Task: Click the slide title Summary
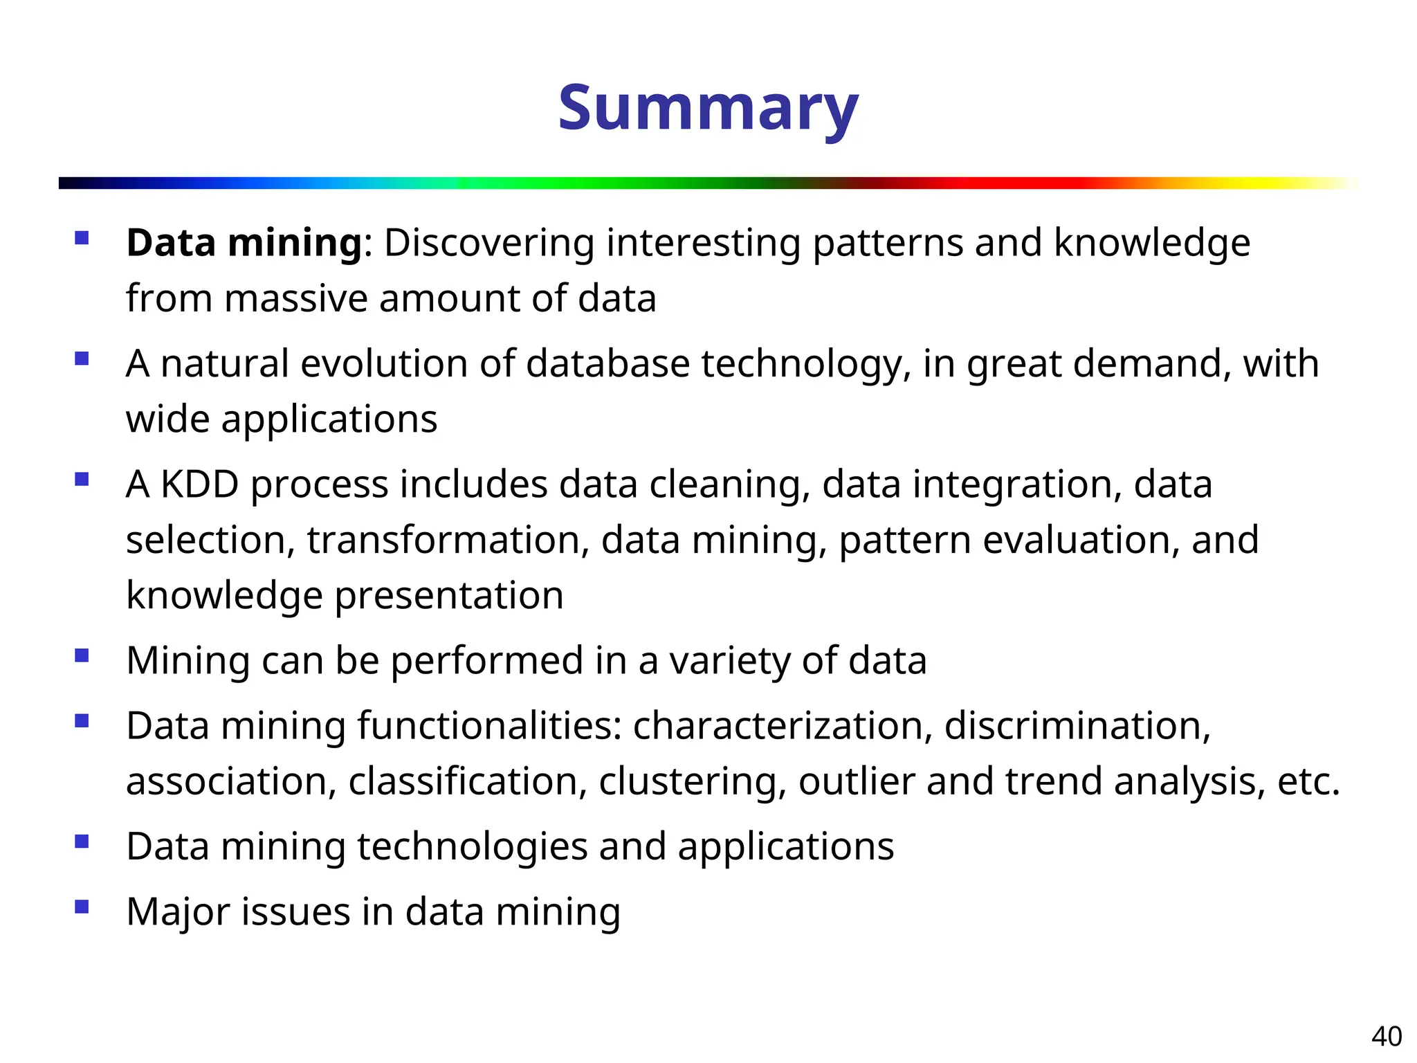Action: click(708, 109)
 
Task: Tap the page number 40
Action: click(1386, 1037)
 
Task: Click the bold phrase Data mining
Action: click(244, 244)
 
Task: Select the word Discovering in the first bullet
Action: click(489, 244)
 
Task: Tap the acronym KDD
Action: click(199, 484)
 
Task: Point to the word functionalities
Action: click(489, 726)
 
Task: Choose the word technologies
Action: click(472, 847)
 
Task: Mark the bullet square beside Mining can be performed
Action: click(82, 655)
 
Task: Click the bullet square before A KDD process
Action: click(82, 479)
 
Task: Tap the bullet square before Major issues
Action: click(82, 907)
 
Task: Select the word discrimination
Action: click(1077, 726)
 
